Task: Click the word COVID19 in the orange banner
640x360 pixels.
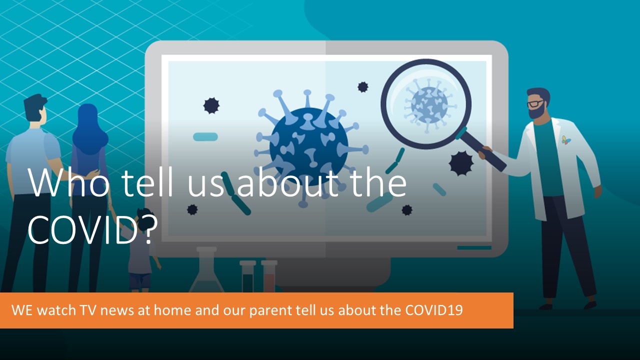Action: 433,310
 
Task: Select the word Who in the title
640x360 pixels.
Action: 69,183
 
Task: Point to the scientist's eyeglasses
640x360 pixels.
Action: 535,103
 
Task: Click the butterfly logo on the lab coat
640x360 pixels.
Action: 566,140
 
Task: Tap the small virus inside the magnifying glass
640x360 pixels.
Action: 428,105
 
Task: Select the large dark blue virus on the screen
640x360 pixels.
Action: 309,147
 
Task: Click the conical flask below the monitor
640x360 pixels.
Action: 206,269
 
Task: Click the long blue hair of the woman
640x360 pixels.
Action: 88,131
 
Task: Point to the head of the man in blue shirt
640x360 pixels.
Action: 35,109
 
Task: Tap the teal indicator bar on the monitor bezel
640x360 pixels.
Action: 474,247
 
